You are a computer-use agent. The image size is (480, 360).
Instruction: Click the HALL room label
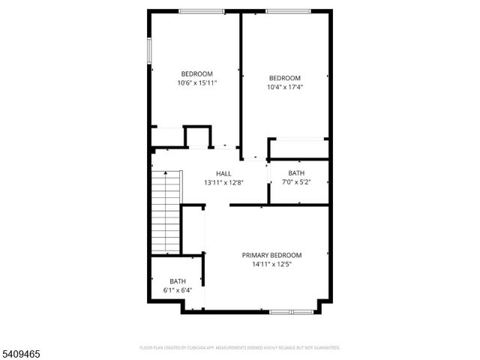tap(223, 173)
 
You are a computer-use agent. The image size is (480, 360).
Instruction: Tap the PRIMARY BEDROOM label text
tap(271, 255)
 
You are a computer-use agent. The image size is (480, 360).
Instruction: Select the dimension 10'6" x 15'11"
tap(197, 82)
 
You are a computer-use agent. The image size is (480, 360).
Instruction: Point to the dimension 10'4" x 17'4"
tap(285, 87)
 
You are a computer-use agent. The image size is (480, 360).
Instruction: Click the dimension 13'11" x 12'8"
tap(223, 182)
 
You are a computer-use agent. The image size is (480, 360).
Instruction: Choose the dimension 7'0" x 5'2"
tap(296, 182)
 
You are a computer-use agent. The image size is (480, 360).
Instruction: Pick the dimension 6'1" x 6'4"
tap(178, 290)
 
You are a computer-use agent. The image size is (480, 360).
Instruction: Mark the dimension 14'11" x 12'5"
tap(271, 264)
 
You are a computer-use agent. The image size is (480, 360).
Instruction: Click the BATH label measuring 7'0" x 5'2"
tap(296, 173)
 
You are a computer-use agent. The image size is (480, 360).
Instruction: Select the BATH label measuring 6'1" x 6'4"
tap(178, 281)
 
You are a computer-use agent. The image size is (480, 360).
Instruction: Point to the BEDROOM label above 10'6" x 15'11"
tap(197, 73)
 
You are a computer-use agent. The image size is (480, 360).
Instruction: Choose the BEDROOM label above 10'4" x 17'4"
tap(285, 78)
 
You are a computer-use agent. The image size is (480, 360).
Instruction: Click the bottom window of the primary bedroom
tap(292, 311)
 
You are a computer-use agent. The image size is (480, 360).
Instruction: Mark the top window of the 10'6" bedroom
tap(201, 11)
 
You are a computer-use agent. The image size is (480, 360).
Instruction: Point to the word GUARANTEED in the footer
tap(324, 348)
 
